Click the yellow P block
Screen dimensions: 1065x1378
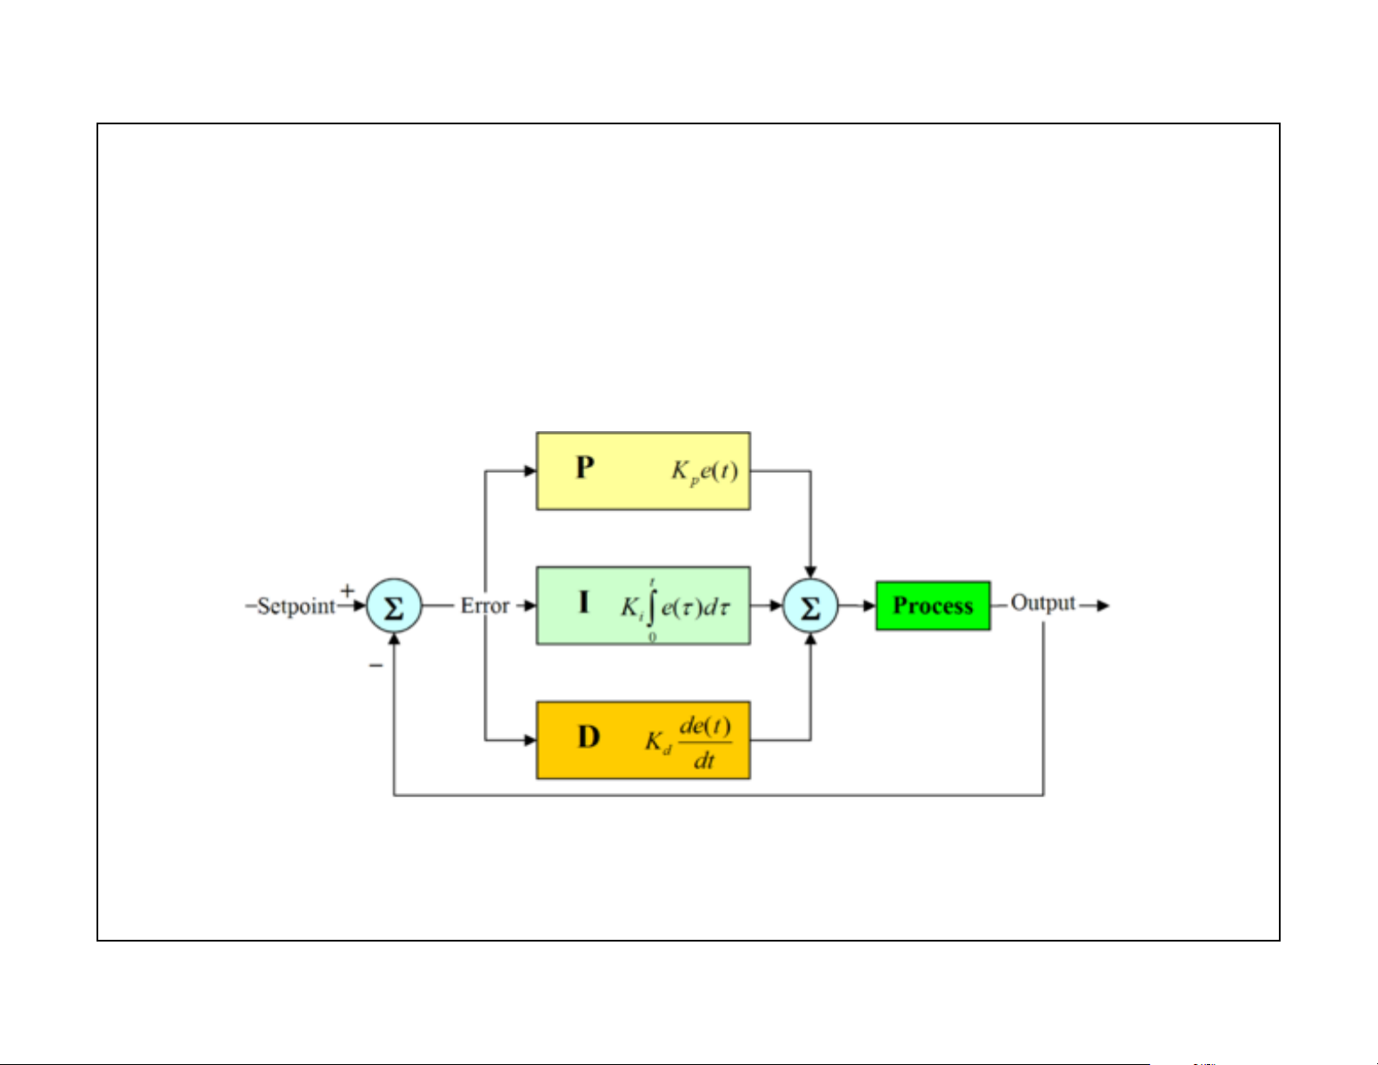pos(642,470)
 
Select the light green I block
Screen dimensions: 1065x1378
pos(642,605)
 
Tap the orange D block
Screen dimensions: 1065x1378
pos(642,740)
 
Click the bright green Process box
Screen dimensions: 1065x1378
pos(932,605)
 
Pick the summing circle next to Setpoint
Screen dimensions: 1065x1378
pos(394,606)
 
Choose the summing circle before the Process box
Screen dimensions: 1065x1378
pos(810,606)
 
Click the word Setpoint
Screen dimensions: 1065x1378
pos(296,606)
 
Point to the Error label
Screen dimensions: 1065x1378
pos(484,605)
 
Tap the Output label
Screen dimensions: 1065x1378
pos(1042,602)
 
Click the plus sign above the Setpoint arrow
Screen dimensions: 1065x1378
pos(348,590)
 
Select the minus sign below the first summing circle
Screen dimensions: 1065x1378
pos(376,665)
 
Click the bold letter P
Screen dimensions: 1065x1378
pos(585,468)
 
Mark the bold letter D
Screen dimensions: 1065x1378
pos(589,737)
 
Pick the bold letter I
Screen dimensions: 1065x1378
pos(583,602)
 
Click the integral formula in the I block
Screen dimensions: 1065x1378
pos(675,608)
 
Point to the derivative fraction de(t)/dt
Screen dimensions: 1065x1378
pos(704,742)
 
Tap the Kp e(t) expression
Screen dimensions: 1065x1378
pos(704,471)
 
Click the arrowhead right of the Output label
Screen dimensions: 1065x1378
pos(1102,606)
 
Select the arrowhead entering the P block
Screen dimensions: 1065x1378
pos(530,470)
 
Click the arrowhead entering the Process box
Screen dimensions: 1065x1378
pos(869,606)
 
